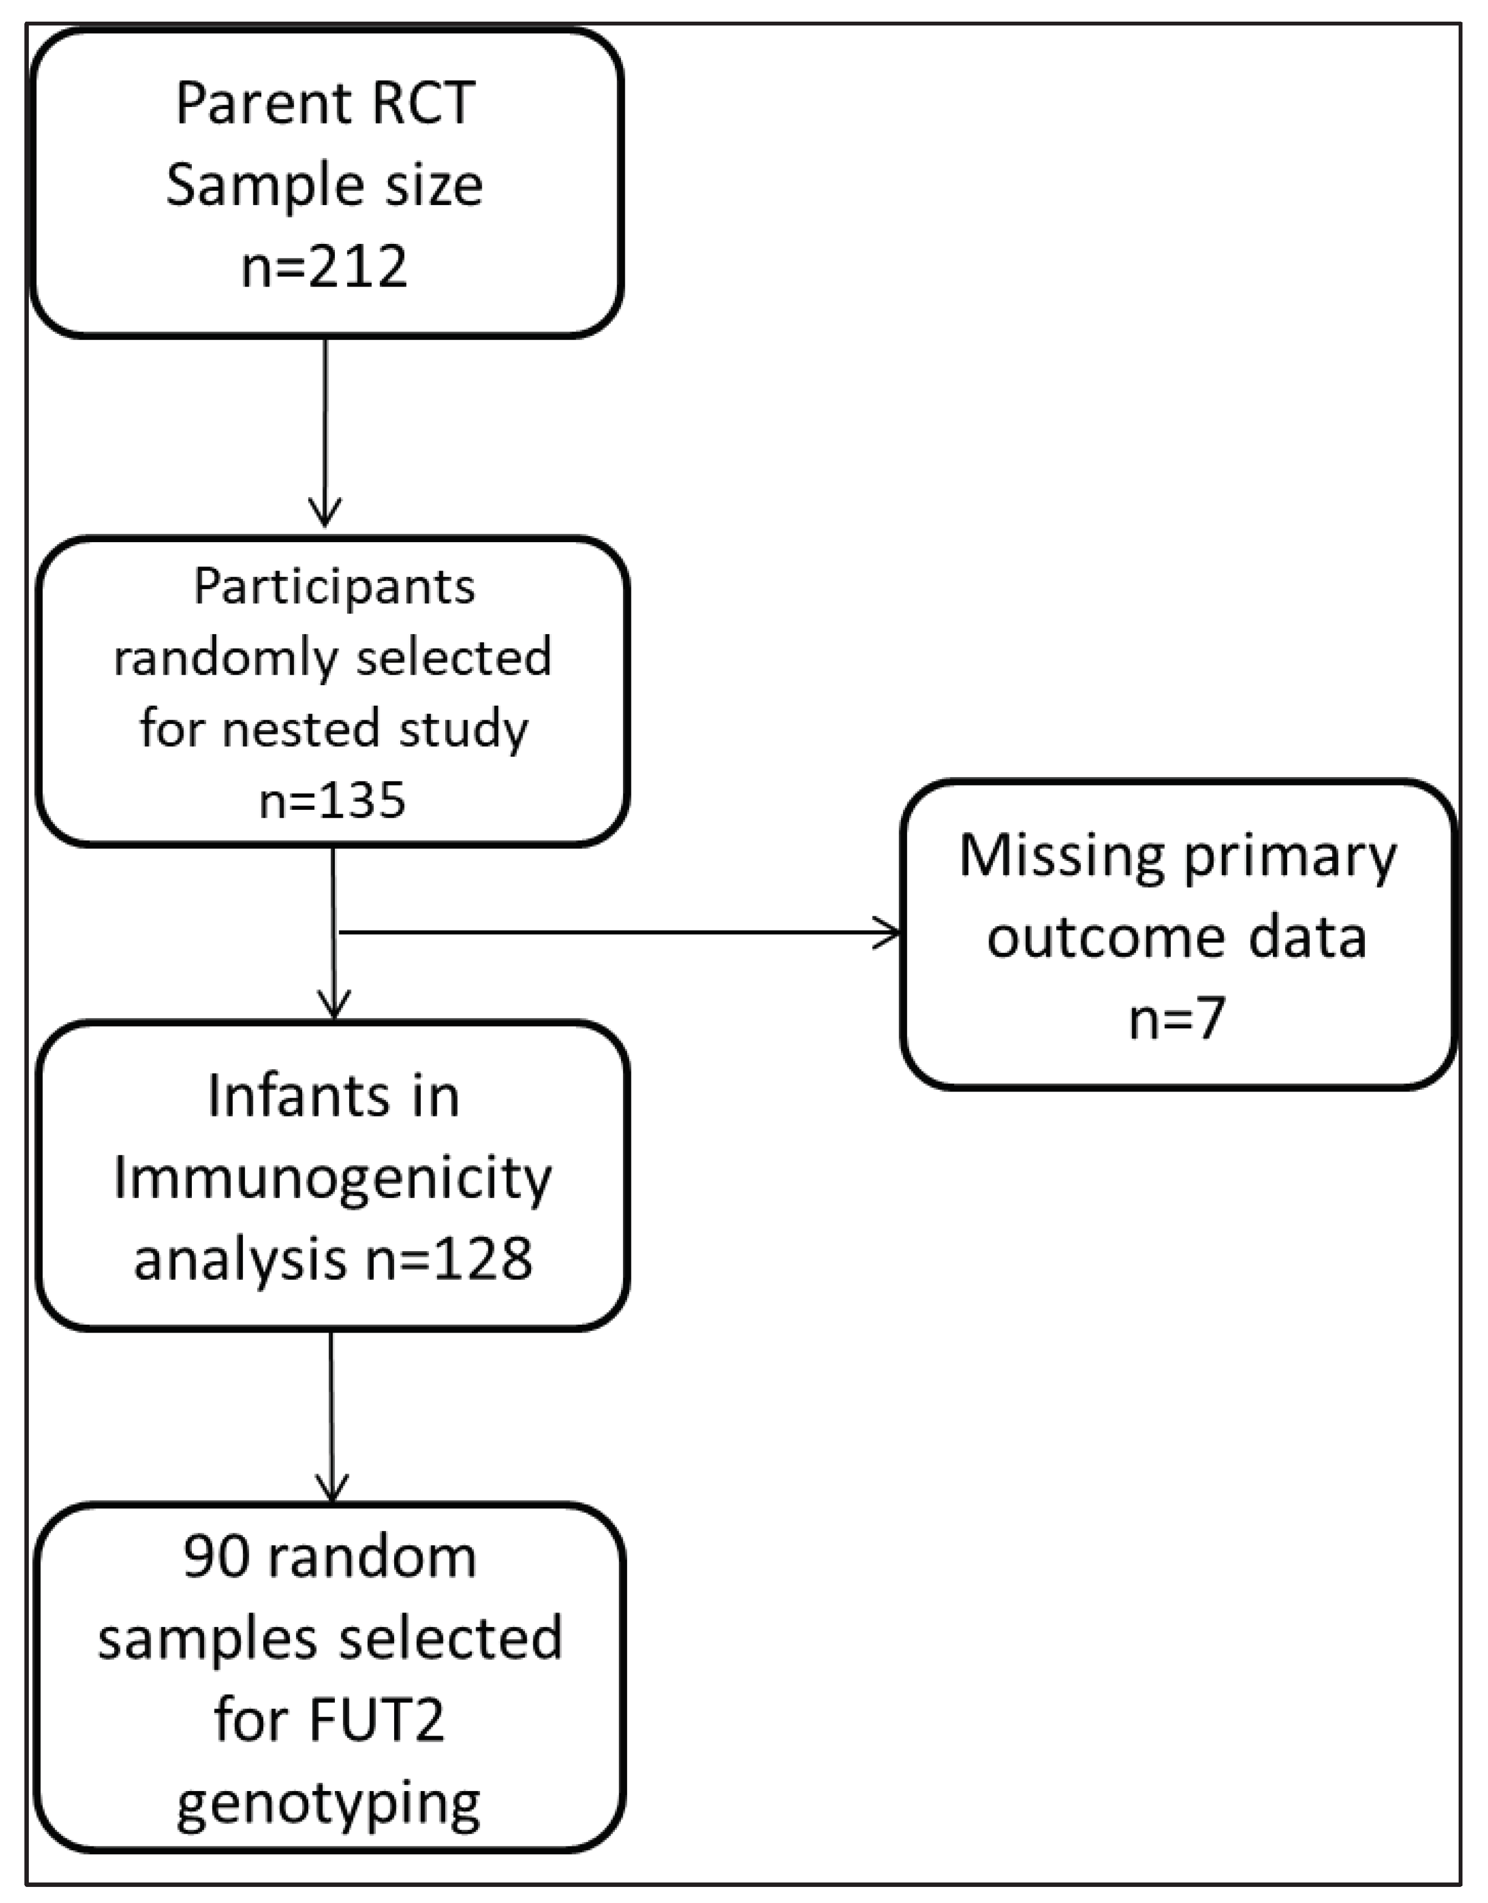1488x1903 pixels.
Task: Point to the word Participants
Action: (334, 587)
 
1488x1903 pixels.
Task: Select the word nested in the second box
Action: (302, 728)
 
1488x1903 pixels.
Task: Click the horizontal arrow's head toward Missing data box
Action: (889, 933)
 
